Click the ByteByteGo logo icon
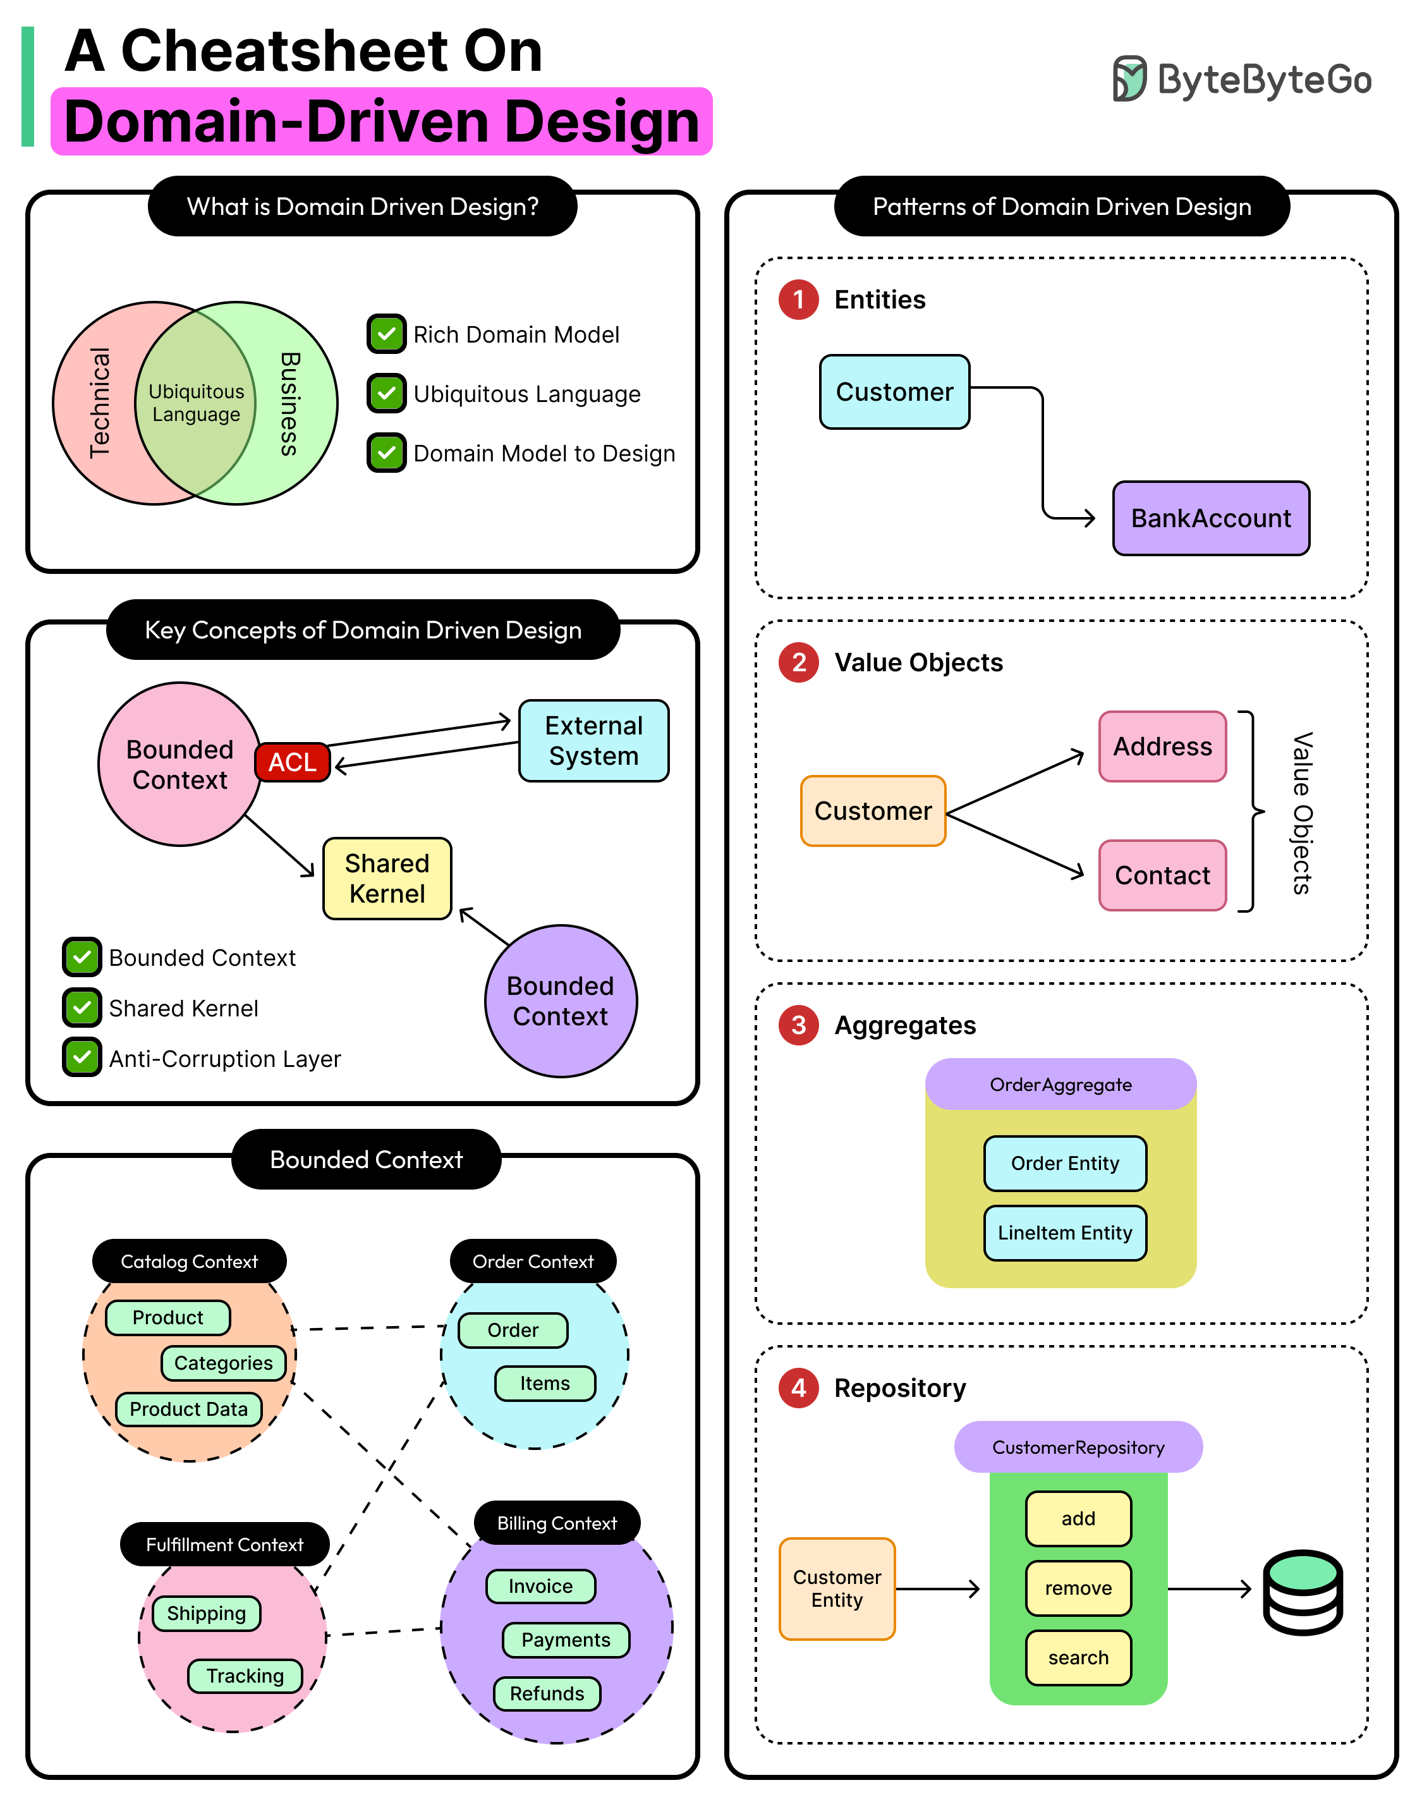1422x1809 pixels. point(1130,79)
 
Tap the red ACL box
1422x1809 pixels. point(292,762)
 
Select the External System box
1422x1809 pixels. point(593,741)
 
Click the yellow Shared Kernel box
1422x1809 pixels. point(387,879)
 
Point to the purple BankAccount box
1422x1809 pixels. point(1210,518)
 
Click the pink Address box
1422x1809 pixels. point(1162,746)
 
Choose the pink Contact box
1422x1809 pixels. point(1162,875)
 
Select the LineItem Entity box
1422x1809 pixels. point(1065,1233)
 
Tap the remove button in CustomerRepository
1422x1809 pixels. point(1078,1588)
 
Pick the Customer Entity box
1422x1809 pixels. point(837,1588)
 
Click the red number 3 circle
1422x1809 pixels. point(798,1025)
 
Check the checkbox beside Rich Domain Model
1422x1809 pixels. point(386,334)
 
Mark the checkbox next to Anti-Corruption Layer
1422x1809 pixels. point(82,1057)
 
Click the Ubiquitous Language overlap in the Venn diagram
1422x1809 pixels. point(196,403)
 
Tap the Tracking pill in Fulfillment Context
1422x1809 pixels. point(245,1675)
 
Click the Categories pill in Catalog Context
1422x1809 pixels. point(223,1363)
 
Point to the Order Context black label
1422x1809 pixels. point(533,1261)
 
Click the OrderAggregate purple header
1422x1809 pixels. point(1060,1084)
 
